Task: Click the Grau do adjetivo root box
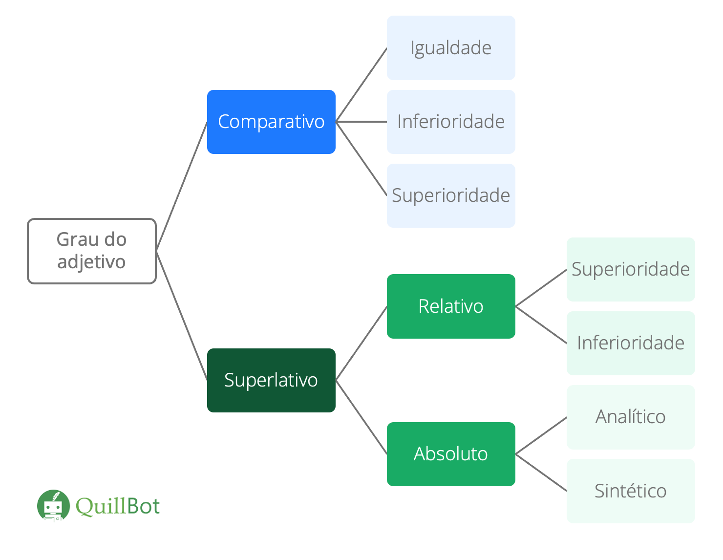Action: pos(92,251)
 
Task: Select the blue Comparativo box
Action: pos(271,122)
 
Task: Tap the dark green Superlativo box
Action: pos(271,380)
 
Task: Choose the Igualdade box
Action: pos(451,48)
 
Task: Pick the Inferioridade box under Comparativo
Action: pos(451,122)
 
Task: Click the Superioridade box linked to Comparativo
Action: pos(451,195)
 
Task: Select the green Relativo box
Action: pos(451,306)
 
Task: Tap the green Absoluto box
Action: pos(451,454)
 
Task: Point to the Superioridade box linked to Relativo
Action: pos(631,269)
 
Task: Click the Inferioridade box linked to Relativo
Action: pos(631,343)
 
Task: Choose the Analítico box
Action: pos(631,417)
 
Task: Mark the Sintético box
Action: pos(631,491)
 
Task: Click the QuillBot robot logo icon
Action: pos(53,506)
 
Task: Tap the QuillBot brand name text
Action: pos(118,506)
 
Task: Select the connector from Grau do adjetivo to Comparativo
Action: pos(182,186)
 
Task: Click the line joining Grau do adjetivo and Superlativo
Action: pos(182,315)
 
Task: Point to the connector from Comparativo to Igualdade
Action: pos(361,85)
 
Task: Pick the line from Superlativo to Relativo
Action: pos(361,343)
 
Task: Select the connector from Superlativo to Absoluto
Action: pos(361,417)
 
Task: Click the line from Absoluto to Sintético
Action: pos(541,473)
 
